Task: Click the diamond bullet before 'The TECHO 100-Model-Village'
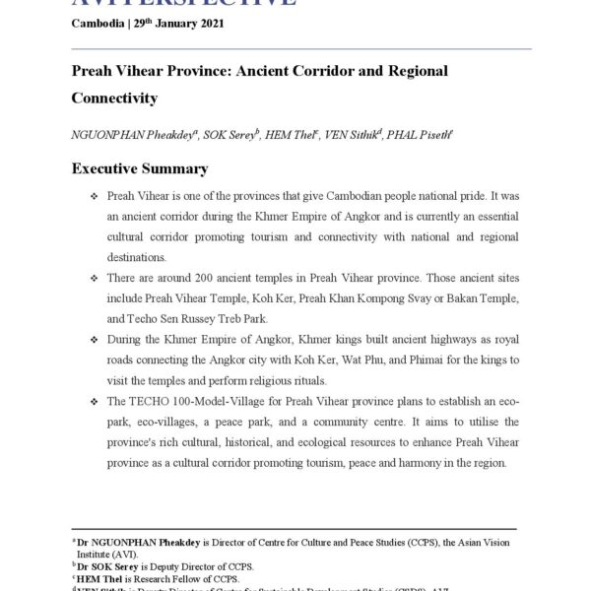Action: point(93,403)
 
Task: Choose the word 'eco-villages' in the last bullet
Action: point(161,423)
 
